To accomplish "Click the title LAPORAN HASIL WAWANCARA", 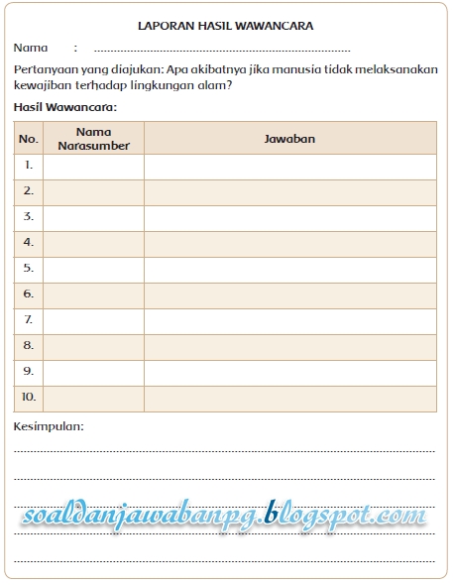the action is [225, 26].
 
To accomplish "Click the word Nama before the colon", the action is [31, 48].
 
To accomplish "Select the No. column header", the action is [29, 139].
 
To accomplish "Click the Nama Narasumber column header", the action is [93, 139].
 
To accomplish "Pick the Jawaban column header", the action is [289, 139].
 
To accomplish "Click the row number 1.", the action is [29, 165].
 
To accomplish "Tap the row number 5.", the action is [29, 268].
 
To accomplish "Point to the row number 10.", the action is [29, 397].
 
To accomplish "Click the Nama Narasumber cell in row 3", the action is [93, 216].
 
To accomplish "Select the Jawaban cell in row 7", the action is [289, 319].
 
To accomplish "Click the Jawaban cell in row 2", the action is [289, 190].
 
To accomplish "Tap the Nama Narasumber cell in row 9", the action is [93, 371].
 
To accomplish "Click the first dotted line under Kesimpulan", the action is [225, 449].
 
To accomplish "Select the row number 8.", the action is [29, 345].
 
